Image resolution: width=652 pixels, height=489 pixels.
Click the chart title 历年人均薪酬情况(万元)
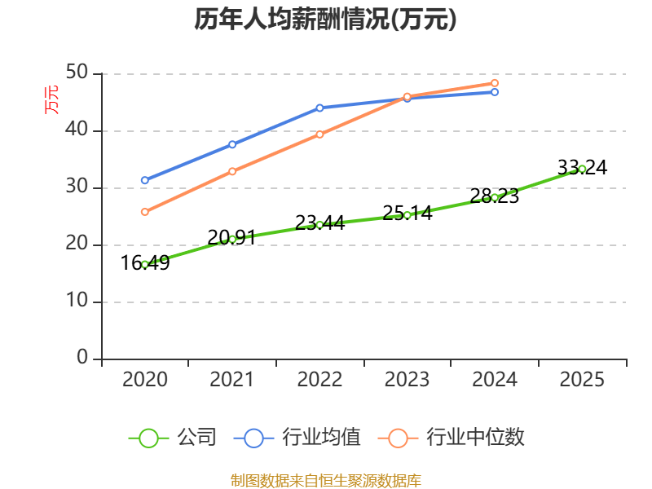tap(325, 20)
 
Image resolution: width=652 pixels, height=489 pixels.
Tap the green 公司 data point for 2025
tap(582, 169)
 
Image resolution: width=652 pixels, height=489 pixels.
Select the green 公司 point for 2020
tap(145, 264)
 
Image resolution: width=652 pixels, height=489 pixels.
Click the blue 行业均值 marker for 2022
tap(319, 108)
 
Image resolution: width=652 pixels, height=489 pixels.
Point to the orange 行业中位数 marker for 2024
tap(495, 83)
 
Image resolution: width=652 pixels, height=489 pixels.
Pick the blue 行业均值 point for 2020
tap(145, 180)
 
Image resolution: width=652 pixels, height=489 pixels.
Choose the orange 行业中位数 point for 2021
tap(232, 171)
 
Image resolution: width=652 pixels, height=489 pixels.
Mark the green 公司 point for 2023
tap(407, 215)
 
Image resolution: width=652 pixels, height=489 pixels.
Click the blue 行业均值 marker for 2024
tap(495, 92)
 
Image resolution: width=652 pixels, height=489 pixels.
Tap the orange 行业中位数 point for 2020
tap(145, 212)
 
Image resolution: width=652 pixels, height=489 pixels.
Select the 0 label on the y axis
tap(82, 358)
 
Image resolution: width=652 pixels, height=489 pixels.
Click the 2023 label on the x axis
tap(407, 380)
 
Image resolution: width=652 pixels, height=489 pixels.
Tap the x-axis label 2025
tap(582, 380)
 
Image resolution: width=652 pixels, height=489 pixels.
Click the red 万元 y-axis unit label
tap(51, 99)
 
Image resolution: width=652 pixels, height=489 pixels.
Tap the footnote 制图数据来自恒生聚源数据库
tap(325, 480)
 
